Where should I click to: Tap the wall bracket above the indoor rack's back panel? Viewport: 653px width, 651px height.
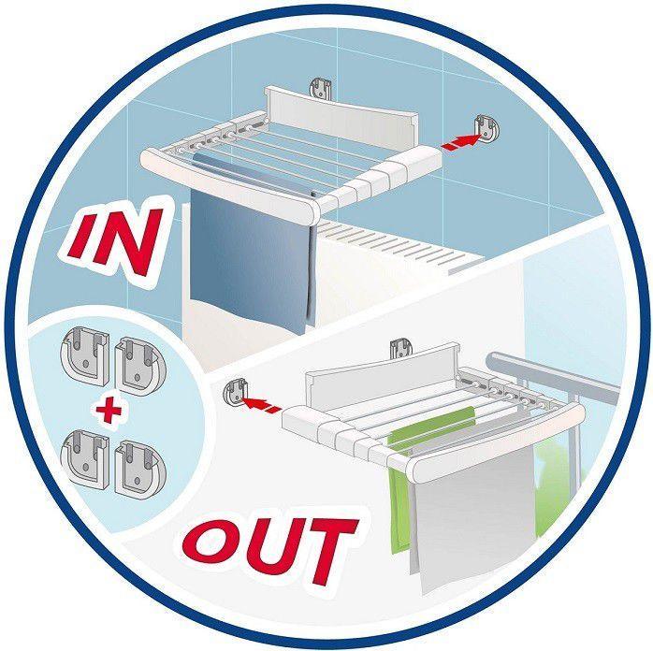pyautogui.click(x=320, y=89)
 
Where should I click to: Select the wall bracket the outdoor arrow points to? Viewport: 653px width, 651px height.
pyautogui.click(x=237, y=394)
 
